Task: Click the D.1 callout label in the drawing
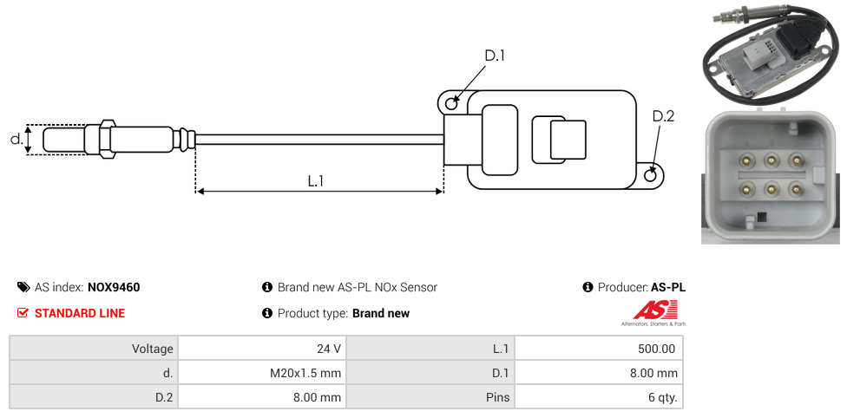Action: coord(494,56)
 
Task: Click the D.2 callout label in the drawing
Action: coord(662,117)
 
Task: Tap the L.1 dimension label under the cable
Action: coord(316,181)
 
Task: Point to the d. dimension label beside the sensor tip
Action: coord(16,138)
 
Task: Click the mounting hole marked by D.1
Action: coord(451,104)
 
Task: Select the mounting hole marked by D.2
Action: coord(652,176)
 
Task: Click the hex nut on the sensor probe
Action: coord(107,139)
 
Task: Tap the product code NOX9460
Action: coord(114,287)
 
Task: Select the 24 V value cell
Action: coord(261,349)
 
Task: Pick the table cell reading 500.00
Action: coord(599,349)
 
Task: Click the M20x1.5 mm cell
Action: coord(261,373)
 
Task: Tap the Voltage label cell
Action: coord(94,349)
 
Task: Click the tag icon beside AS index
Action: coord(23,287)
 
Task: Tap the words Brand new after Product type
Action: coord(381,313)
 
